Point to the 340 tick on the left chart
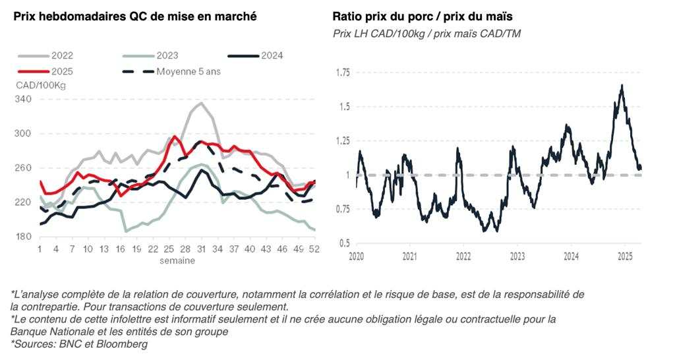24,99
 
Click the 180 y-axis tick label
24,237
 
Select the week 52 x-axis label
314,249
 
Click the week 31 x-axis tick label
200,249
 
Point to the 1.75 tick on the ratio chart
341,72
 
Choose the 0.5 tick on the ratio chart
344,243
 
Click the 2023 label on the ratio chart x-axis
517,255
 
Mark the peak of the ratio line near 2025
622,85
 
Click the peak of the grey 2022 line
200,103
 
